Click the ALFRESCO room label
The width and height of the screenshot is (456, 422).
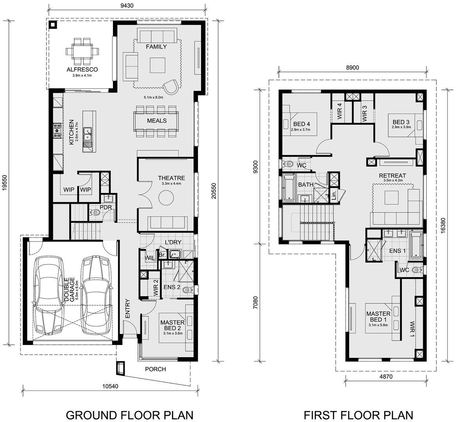(x=82, y=70)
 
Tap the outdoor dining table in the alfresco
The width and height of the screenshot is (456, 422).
(x=82, y=52)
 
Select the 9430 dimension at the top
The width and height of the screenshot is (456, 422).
(x=126, y=5)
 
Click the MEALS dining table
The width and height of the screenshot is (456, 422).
(x=156, y=121)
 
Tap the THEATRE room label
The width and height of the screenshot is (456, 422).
(x=171, y=178)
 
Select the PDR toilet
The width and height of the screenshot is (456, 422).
(x=95, y=213)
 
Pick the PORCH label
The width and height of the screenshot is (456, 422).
(x=156, y=369)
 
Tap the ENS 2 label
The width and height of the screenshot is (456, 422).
(x=172, y=287)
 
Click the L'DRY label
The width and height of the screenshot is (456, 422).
(x=173, y=242)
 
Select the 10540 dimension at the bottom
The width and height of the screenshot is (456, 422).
(x=111, y=386)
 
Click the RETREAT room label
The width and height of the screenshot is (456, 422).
(x=392, y=176)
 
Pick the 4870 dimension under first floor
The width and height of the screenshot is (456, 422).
(x=386, y=377)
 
